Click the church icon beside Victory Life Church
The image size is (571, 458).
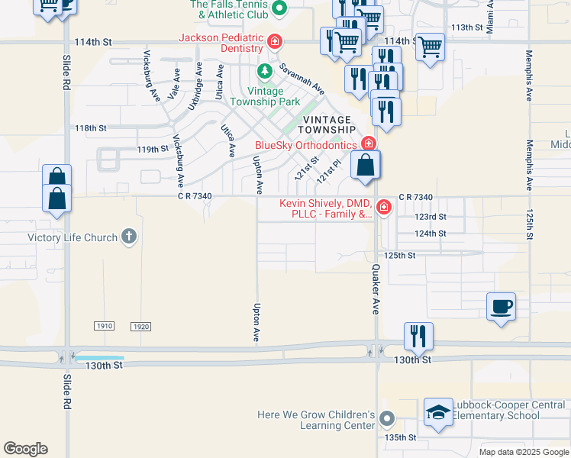coord(129,237)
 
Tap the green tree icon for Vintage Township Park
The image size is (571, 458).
coord(265,72)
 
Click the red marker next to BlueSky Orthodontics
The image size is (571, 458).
coord(369,144)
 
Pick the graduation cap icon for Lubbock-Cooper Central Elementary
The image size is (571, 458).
coord(438,412)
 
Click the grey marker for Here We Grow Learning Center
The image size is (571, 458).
coord(388,418)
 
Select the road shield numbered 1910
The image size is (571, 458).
coord(105,326)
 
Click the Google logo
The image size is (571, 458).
coord(25,449)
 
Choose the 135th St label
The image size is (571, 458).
coord(401,437)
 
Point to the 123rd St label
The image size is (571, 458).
coord(430,217)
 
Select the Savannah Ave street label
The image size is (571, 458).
coord(299,79)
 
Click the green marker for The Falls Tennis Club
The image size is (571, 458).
coord(279,9)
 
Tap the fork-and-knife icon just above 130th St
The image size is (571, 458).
coord(418,335)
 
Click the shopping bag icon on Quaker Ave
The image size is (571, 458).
coord(366,165)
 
